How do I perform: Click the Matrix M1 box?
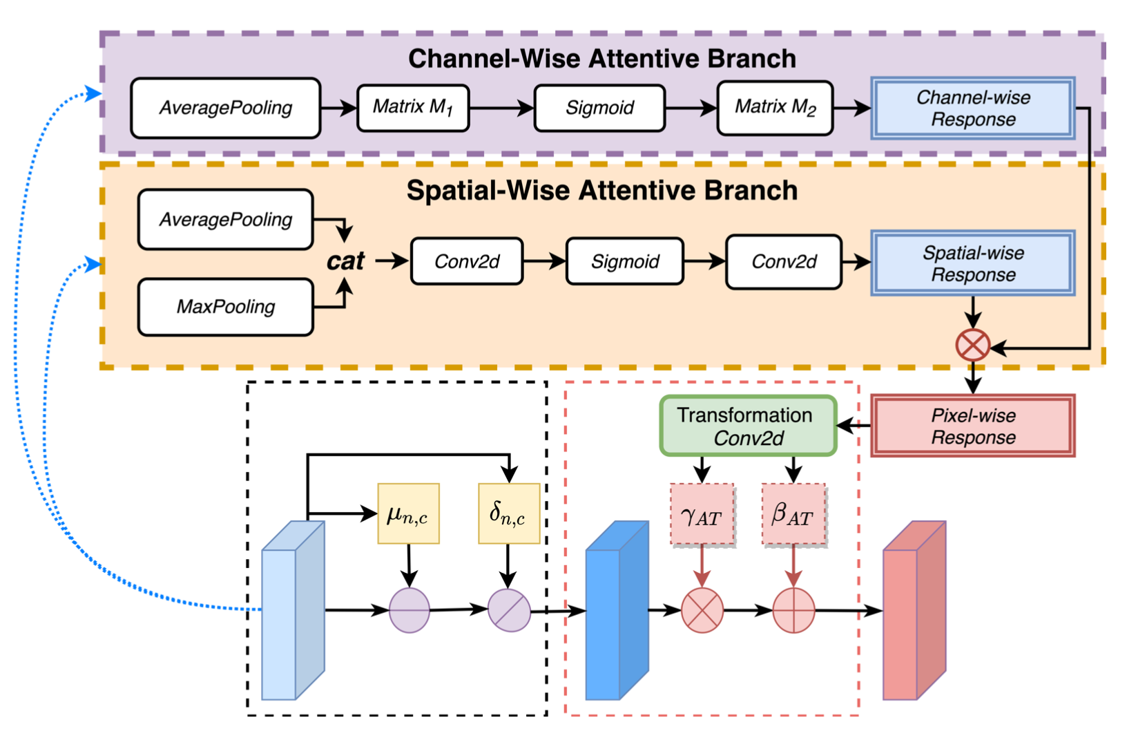[x=413, y=108]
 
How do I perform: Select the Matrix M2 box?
[x=775, y=108]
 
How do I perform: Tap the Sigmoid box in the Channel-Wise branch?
[x=599, y=108]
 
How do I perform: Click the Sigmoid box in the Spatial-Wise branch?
[x=625, y=261]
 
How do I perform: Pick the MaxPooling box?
[x=226, y=307]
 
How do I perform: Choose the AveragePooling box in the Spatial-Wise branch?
[x=226, y=220]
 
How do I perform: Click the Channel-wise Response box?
[x=973, y=108]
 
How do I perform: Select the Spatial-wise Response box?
[x=973, y=263]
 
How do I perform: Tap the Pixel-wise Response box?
[x=973, y=426]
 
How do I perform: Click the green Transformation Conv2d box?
[x=748, y=426]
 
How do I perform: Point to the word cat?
[x=345, y=261]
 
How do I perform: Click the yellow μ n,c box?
[x=408, y=513]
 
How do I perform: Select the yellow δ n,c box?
[x=509, y=513]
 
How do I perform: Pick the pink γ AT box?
[x=702, y=515]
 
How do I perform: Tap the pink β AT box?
[x=793, y=515]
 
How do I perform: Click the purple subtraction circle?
[x=410, y=610]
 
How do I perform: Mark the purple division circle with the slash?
[x=509, y=610]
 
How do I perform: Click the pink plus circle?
[x=793, y=611]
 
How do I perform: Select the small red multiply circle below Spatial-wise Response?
[x=972, y=346]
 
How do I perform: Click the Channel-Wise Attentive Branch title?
[x=601, y=59]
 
